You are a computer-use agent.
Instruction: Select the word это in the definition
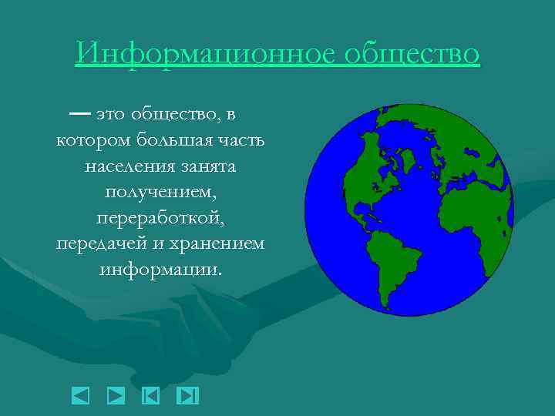coord(111,116)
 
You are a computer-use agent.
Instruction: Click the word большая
coord(175,141)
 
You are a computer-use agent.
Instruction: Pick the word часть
coord(241,141)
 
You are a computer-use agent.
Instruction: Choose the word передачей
coord(94,243)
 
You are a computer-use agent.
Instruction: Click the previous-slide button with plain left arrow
coord(80,395)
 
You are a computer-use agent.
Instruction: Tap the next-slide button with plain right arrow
coord(116,395)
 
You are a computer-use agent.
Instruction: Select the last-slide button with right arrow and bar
coord(187,395)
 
